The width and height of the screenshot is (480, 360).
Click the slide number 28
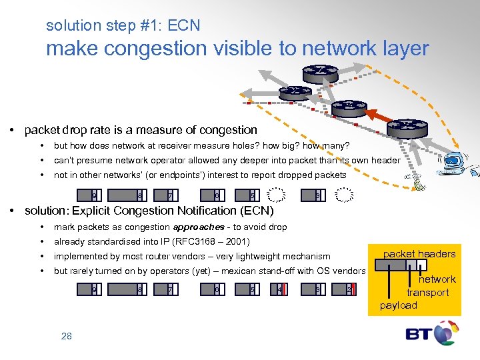point(67,336)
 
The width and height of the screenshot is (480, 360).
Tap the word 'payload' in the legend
point(398,305)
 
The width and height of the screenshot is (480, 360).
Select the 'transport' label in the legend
point(427,293)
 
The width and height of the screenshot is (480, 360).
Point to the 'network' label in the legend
point(437,279)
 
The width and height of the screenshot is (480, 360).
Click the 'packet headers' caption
point(419,253)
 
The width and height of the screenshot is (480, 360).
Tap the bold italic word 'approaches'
point(198,227)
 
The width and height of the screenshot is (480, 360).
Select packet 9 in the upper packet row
point(95,196)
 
